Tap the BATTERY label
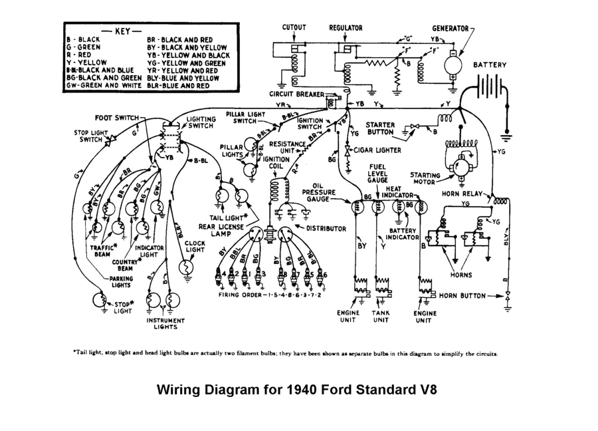click(x=490, y=65)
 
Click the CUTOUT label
click(x=294, y=28)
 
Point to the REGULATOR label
click(x=346, y=28)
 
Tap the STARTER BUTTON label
click(x=380, y=129)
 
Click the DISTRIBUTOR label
click(x=326, y=228)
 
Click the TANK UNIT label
click(x=380, y=317)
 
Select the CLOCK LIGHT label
click(x=195, y=247)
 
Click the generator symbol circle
click(x=453, y=64)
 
